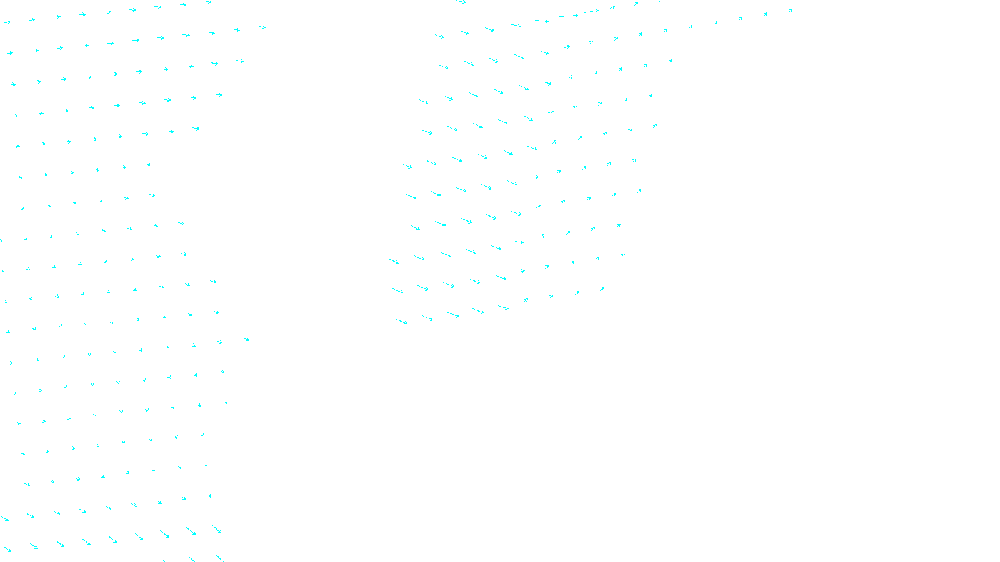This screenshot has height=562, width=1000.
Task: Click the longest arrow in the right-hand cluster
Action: pos(569,16)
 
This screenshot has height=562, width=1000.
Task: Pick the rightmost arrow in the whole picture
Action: pos(791,11)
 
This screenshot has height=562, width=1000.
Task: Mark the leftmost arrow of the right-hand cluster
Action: pos(393,260)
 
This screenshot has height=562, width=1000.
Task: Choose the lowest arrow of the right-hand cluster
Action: pos(402,322)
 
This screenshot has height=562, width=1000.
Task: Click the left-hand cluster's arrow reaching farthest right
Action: pos(261,27)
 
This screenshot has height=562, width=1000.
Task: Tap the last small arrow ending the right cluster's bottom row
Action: pos(602,289)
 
